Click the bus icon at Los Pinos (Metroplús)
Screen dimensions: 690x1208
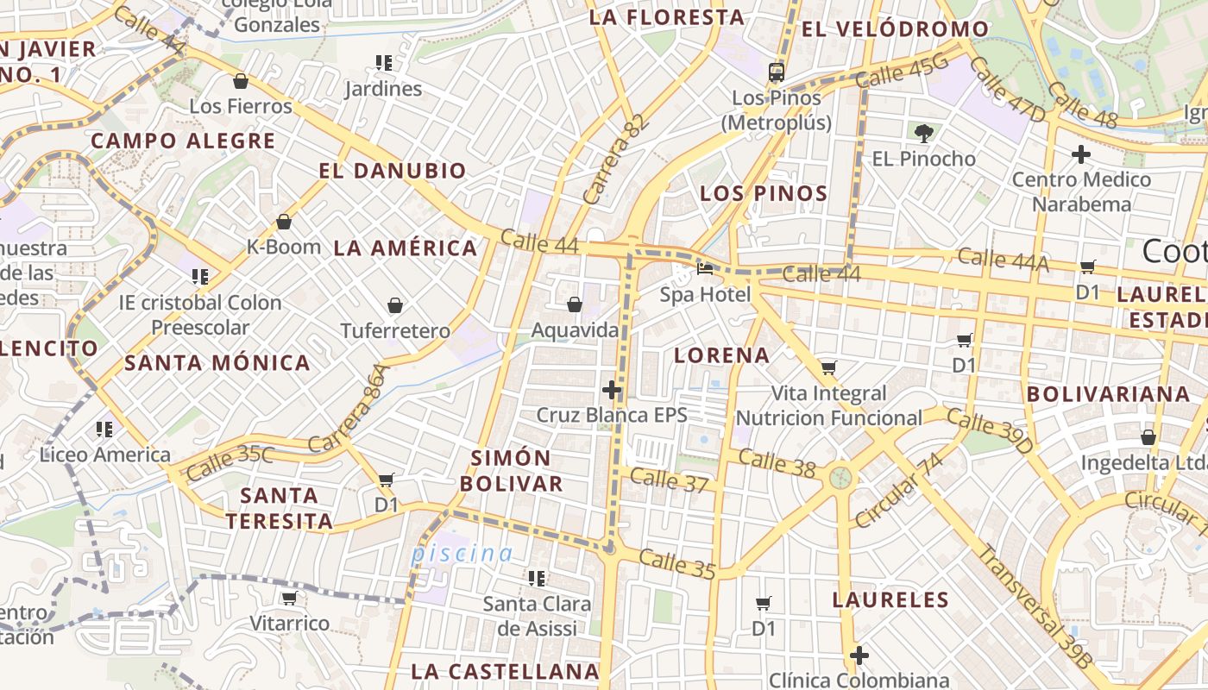pos(777,72)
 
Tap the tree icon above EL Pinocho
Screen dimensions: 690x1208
pos(924,133)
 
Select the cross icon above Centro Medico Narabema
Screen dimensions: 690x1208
pos(1080,154)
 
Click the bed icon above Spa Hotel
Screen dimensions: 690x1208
pos(705,269)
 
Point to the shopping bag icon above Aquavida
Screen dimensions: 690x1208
pos(575,304)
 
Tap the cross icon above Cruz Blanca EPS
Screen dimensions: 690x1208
pos(612,390)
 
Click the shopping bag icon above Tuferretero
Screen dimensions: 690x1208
pos(395,305)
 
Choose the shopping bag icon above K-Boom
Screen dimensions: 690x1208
pos(284,222)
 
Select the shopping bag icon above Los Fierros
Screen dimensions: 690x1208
pos(241,81)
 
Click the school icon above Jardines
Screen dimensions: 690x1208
pos(383,63)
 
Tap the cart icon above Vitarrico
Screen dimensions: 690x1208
pos(289,598)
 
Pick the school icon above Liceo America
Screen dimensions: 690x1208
pos(104,429)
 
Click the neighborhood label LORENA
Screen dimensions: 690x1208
pos(721,355)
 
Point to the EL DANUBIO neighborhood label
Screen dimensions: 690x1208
pos(393,171)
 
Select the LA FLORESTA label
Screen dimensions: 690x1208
pos(666,17)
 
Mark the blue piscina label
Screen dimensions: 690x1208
pos(462,554)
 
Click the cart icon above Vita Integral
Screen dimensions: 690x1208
pos(828,368)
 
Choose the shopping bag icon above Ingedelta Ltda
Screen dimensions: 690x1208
pos(1148,437)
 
